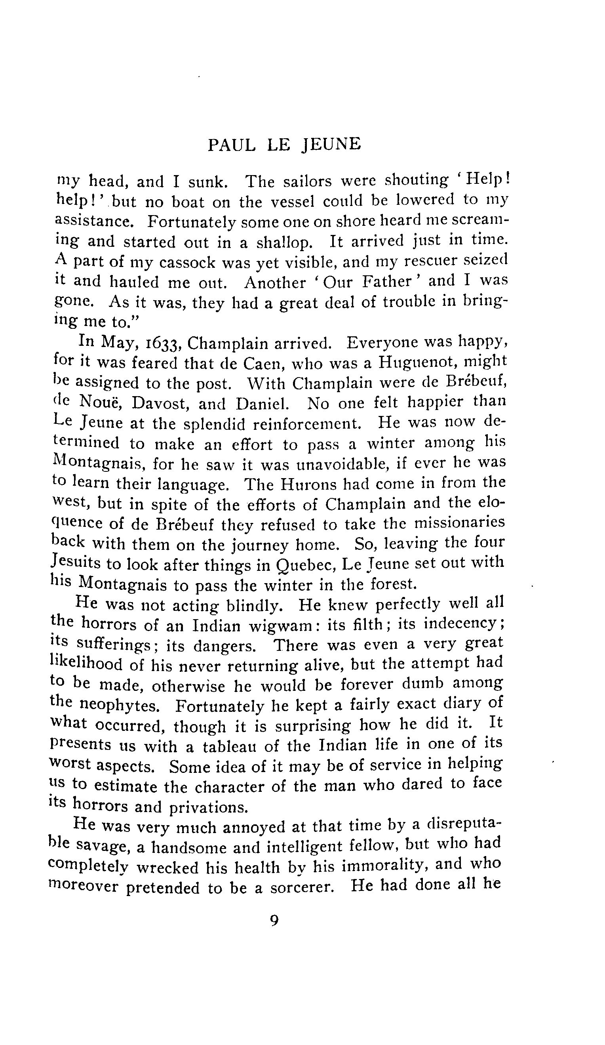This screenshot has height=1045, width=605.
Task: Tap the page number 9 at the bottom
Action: point(274,921)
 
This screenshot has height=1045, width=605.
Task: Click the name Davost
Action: point(158,404)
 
